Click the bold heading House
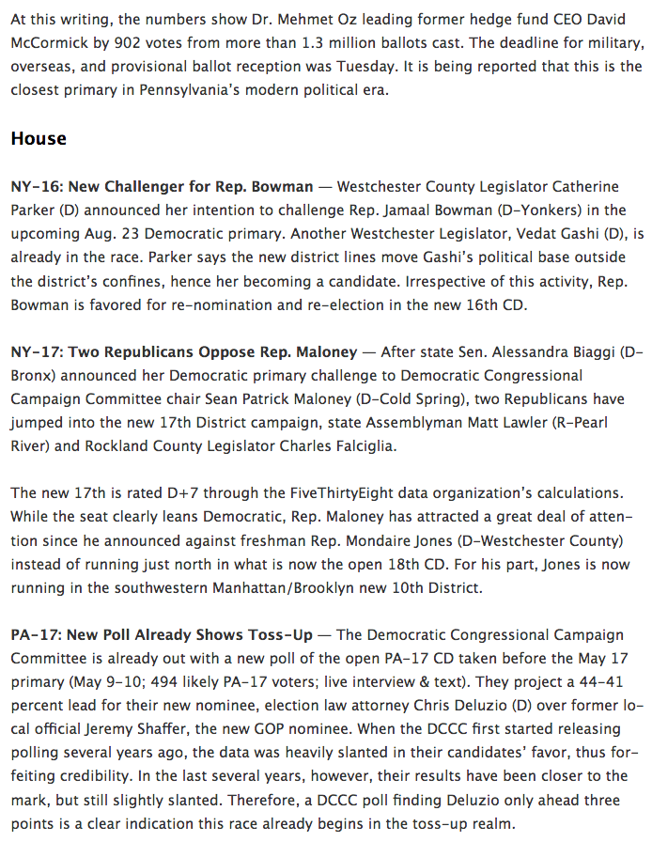(39, 138)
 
